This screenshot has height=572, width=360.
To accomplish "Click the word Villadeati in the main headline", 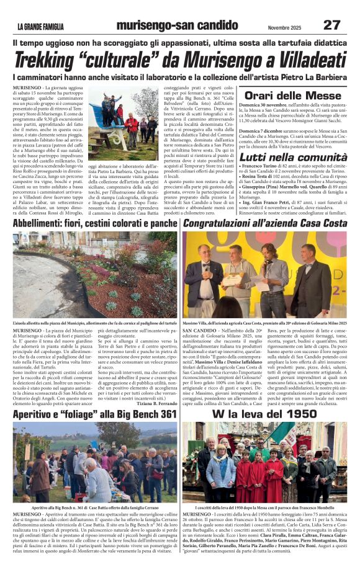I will (297, 60).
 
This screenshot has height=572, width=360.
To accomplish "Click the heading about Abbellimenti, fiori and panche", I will (95, 223).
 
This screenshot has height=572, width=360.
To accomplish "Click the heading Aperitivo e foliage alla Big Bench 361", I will (95, 414).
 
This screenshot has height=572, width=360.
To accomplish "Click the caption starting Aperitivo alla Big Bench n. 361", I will (95, 507).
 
